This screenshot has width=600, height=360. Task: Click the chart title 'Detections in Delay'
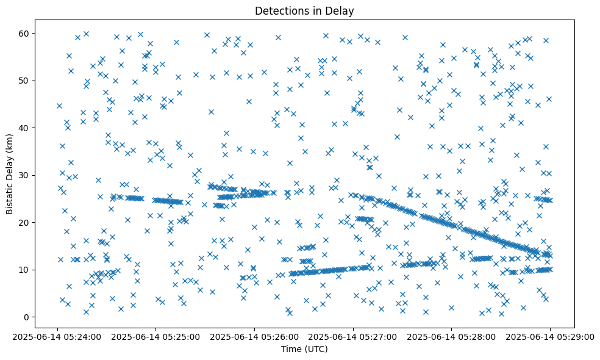point(304,11)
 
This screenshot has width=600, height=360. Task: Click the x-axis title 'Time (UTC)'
point(304,349)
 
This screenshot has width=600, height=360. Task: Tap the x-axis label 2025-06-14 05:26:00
point(255,336)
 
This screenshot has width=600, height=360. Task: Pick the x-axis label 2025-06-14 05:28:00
point(452,336)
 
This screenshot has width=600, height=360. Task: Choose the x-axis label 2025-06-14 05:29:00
point(550,336)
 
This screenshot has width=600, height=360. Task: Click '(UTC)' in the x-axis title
point(316,349)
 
